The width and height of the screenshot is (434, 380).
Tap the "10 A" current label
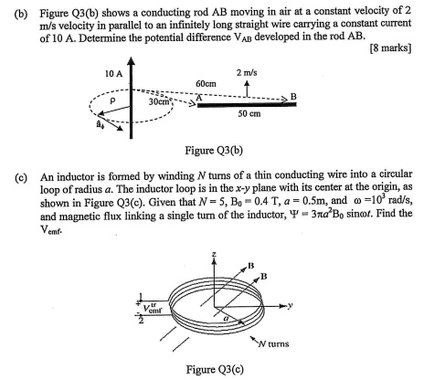(113, 71)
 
